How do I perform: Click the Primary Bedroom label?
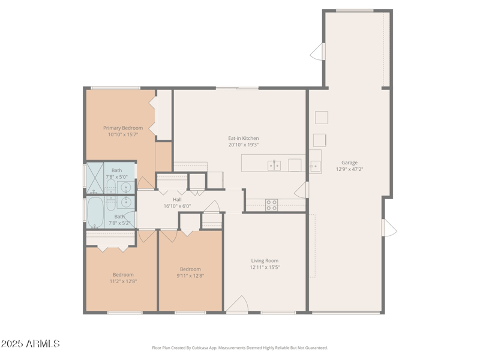coord(123,128)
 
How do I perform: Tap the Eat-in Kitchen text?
coord(244,139)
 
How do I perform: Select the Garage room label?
coord(349,163)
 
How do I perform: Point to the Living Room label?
coord(265,260)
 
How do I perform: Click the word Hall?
coord(177,200)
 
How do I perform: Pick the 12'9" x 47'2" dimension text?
coord(349,169)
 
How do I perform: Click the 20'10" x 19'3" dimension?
coord(244,145)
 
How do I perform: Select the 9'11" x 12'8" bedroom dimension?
coord(190,275)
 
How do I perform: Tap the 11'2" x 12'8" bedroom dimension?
coord(123,281)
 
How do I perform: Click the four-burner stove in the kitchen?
coord(272,205)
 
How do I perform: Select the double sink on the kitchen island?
coord(274,166)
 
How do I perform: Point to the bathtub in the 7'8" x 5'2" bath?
coord(96,212)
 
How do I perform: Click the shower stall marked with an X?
coord(95,178)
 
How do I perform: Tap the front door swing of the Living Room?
coord(238,304)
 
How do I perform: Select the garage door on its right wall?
coord(389,227)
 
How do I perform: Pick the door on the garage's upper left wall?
coord(317,52)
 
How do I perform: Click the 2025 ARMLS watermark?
coord(30,343)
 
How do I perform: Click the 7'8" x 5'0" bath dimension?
coord(116,177)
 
